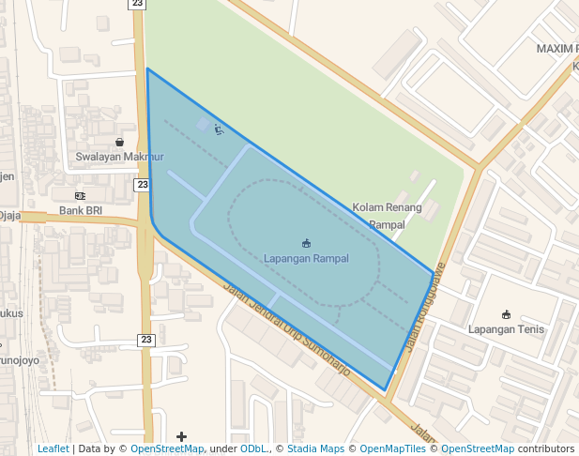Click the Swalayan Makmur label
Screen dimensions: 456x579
click(x=119, y=157)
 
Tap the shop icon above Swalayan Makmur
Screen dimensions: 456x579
click(x=119, y=142)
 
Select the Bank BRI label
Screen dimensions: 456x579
click(x=81, y=211)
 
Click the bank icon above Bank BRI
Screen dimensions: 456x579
click(x=80, y=195)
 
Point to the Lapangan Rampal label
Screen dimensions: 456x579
click(x=306, y=258)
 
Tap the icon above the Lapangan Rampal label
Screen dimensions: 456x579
click(x=306, y=244)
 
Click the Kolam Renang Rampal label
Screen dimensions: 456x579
click(x=387, y=216)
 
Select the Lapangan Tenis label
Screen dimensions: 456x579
click(x=507, y=329)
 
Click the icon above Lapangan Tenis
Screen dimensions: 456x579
click(x=507, y=314)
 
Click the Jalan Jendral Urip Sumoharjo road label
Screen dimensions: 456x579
click(x=286, y=329)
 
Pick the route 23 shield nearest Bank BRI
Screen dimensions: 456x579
click(x=142, y=185)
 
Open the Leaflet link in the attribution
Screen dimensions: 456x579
click(x=53, y=449)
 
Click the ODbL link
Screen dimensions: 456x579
click(x=253, y=449)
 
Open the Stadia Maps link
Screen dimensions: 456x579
click(x=315, y=449)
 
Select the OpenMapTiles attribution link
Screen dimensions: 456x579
click(x=395, y=449)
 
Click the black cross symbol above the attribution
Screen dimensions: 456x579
click(x=181, y=436)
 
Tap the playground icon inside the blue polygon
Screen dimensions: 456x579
click(x=219, y=129)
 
